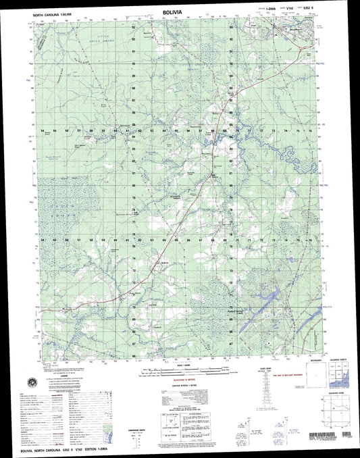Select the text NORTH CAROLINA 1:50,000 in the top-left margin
[x=50, y=16]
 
